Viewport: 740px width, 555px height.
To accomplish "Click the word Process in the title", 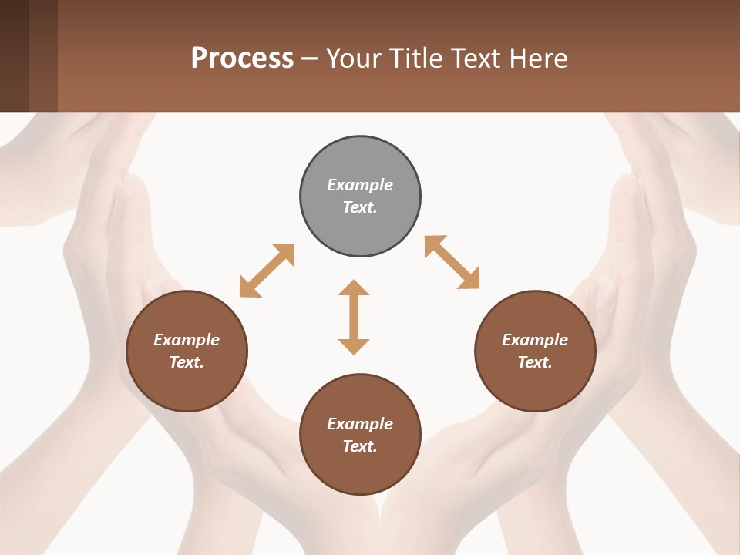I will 242,59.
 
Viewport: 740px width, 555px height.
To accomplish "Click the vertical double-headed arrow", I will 354,317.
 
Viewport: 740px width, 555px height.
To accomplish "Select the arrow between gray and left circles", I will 267,271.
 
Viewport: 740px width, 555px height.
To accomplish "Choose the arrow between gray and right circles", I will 452,262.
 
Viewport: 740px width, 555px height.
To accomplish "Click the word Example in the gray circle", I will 360,185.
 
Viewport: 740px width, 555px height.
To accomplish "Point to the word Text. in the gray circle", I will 360,207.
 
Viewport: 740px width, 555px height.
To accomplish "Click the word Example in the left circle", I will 187,340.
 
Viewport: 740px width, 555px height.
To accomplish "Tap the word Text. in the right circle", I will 535,362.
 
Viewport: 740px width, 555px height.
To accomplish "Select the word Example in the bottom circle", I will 360,424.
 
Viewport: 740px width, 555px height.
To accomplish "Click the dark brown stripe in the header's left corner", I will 14,55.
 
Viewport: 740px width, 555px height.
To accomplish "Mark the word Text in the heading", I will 478,59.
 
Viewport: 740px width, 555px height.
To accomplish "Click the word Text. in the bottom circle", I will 360,446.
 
